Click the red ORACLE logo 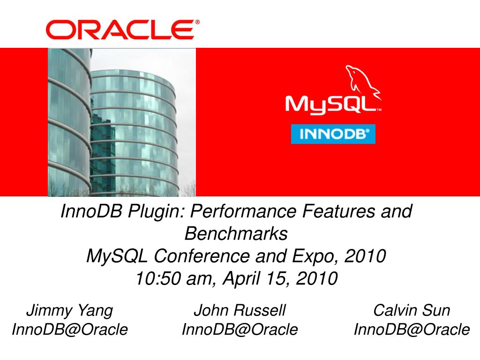tap(120, 30)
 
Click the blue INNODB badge tap(333, 134)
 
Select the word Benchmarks tap(236, 233)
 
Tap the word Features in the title tap(339, 211)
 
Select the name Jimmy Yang tap(70, 311)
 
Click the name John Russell tap(240, 310)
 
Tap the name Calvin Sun tap(412, 310)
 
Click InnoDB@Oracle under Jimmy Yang tap(70, 330)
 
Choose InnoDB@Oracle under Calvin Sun tap(412, 330)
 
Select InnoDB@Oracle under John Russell tap(240, 330)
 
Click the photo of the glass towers tap(122, 122)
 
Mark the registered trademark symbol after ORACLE tap(197, 22)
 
